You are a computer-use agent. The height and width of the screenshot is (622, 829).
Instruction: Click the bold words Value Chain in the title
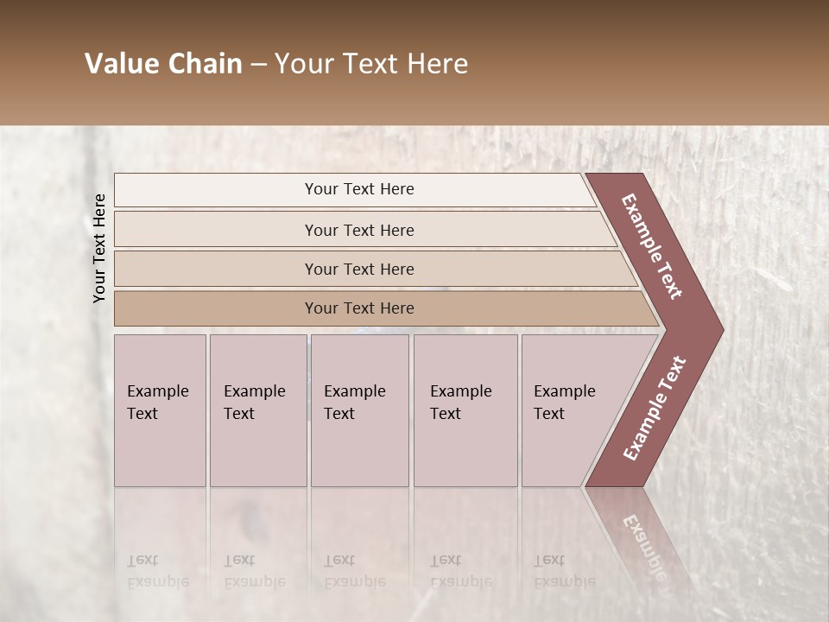[163, 64]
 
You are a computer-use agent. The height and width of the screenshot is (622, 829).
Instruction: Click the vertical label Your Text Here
[99, 248]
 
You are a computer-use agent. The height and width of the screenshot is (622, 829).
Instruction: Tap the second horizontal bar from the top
[359, 230]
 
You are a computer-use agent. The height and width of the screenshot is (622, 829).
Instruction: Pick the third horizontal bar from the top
[359, 269]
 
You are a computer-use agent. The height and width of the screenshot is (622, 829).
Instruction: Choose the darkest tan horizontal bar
[359, 308]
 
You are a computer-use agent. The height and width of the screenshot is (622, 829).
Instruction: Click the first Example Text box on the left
[160, 409]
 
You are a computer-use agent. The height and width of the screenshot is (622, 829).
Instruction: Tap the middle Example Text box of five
[359, 409]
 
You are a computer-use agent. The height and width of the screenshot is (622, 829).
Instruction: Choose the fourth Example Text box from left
[465, 409]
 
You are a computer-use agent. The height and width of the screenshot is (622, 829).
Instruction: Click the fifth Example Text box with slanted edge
[574, 409]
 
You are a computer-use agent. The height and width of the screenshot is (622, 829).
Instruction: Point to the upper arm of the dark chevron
[652, 246]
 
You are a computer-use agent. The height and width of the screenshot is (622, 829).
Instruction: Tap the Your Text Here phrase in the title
[371, 64]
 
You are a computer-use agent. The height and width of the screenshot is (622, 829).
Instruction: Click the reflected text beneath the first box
[157, 571]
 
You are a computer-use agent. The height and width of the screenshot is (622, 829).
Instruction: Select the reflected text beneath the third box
[354, 571]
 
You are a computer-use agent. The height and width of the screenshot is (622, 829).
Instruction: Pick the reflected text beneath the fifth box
[563, 571]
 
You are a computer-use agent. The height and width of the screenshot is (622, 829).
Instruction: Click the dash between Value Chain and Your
[258, 64]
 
